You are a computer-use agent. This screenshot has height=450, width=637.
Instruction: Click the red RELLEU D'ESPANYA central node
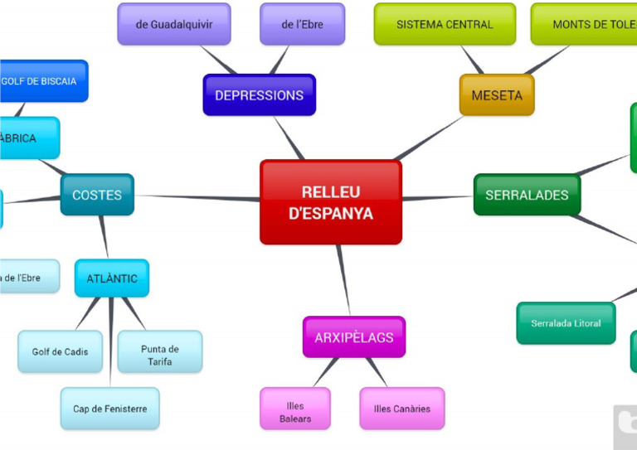330,202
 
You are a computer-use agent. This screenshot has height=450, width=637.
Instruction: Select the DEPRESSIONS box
259,95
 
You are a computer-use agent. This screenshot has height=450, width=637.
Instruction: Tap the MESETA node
497,95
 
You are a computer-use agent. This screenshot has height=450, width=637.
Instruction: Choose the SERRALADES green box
527,196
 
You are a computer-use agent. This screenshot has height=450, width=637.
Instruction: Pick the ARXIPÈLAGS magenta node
354,337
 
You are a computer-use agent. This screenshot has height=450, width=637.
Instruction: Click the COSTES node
97,196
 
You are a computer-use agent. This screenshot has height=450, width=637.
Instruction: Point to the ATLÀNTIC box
112,278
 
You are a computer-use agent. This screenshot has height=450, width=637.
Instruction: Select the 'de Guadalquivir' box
174,24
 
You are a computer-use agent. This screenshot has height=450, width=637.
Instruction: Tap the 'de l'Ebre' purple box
302,24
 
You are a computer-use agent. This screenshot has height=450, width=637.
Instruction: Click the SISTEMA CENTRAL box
445,24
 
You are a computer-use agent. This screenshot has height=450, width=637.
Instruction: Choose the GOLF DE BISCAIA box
41,81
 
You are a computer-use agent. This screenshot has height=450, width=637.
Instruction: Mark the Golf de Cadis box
61,352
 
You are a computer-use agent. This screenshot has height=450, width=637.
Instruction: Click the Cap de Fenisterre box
110,409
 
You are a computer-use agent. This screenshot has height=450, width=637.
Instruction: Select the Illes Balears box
294,409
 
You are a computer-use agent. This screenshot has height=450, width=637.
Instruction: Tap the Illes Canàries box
402,409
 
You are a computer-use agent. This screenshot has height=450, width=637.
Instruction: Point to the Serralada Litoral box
566,323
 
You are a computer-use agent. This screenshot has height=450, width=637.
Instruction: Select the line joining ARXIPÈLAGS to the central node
343,280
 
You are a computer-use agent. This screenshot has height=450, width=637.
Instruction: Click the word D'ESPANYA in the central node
331,214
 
